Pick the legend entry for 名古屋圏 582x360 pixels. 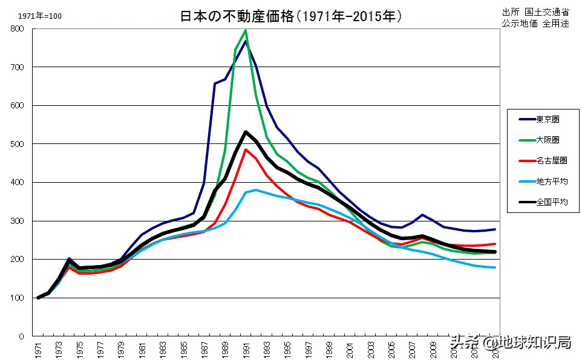[x=551, y=160]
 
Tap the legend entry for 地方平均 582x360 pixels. [x=551, y=181]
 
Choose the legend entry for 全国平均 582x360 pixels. [x=551, y=202]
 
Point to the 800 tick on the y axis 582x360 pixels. [x=16, y=28]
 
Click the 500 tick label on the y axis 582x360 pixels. [x=16, y=144]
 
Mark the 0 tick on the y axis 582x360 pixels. [x=21, y=336]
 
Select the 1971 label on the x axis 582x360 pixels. [x=38, y=349]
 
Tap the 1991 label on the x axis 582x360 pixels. [x=245, y=349]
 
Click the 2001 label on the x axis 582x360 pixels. [x=349, y=349]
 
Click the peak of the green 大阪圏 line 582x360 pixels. [x=245, y=30]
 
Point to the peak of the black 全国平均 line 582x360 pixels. [x=246, y=131]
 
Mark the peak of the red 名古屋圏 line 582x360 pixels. [x=246, y=149]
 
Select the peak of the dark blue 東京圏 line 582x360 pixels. [x=246, y=41]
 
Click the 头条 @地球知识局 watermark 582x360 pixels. [x=511, y=343]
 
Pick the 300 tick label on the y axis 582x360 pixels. [x=16, y=221]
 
